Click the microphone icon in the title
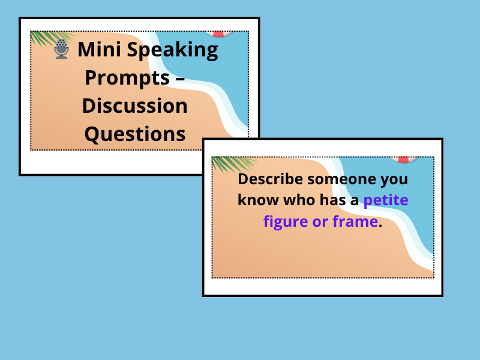click(61, 49)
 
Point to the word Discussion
click(135, 106)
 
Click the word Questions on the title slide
click(135, 134)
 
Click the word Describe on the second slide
click(269, 179)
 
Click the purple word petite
click(386, 200)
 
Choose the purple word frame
click(357, 221)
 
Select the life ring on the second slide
click(403, 159)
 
